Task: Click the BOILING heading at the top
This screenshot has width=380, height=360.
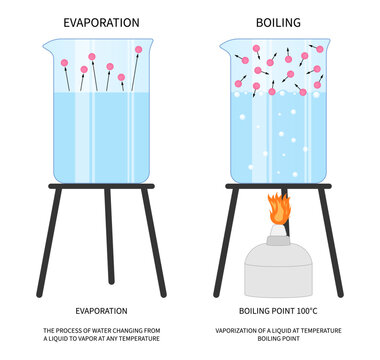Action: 278,21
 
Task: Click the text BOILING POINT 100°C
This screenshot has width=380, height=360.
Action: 277,311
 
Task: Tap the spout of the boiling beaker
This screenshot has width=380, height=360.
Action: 225,43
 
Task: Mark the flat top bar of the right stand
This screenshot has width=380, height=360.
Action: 277,186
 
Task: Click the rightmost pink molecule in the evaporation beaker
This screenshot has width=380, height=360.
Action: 138,49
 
